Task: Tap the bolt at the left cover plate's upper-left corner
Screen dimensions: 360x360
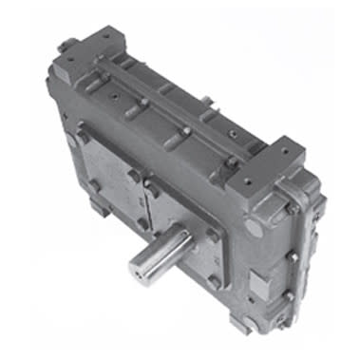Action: pos(84,135)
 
